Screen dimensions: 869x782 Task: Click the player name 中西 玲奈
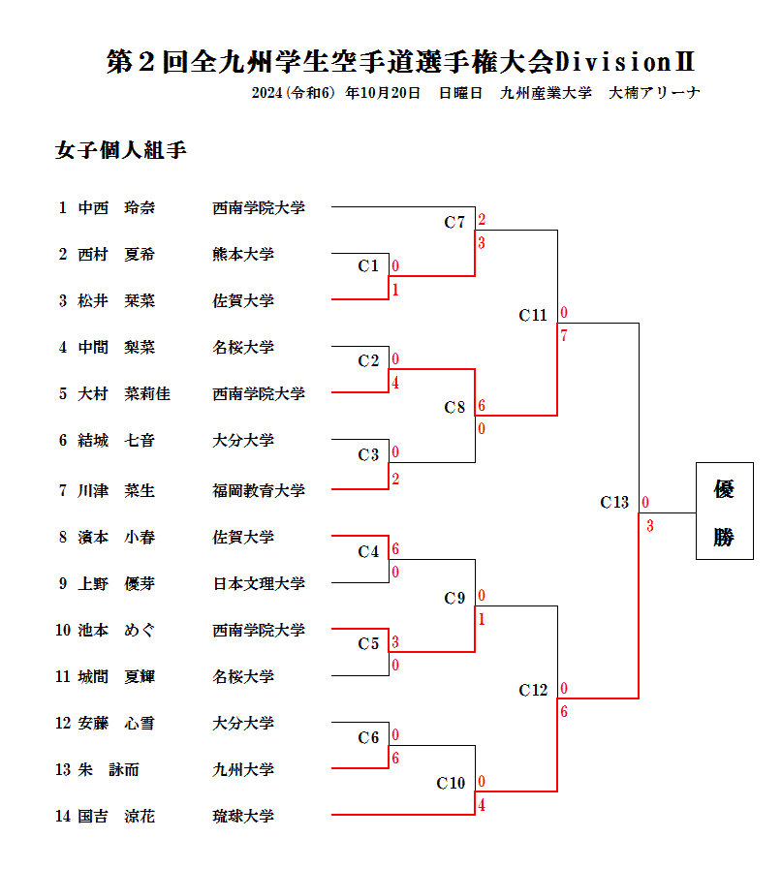click(x=116, y=207)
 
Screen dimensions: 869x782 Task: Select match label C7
click(x=454, y=223)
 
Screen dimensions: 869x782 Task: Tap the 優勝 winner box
click(x=724, y=512)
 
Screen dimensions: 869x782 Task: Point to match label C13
click(x=614, y=502)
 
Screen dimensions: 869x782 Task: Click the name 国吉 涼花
click(x=116, y=816)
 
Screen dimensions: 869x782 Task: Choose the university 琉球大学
click(x=243, y=816)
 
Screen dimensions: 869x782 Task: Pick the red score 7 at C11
click(x=564, y=336)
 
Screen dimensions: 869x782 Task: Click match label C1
click(x=368, y=265)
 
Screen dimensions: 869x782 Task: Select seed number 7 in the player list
click(x=63, y=490)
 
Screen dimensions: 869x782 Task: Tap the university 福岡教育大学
click(x=259, y=490)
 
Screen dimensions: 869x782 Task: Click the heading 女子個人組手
click(x=121, y=151)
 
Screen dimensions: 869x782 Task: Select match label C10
click(x=451, y=783)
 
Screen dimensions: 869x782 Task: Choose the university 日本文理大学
click(x=259, y=583)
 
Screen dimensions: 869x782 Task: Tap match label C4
click(x=368, y=551)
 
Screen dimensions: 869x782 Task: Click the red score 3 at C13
click(x=649, y=526)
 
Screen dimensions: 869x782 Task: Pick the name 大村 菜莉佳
click(x=124, y=393)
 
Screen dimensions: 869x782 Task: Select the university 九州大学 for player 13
click(x=243, y=769)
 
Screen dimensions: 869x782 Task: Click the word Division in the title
click(x=613, y=63)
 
